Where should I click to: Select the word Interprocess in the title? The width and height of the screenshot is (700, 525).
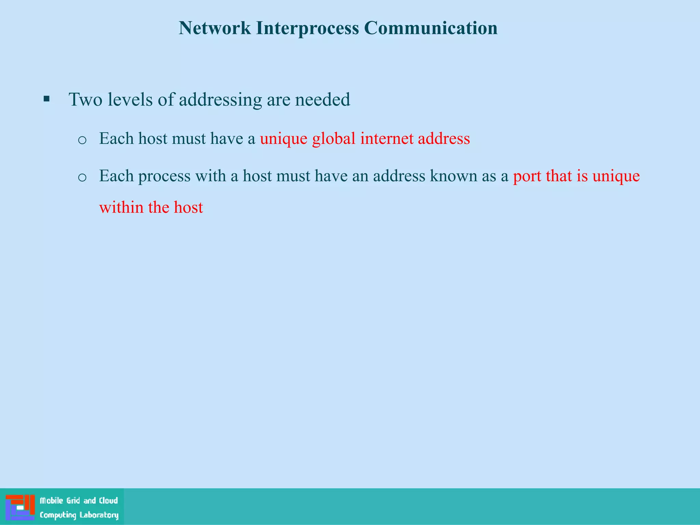point(307,29)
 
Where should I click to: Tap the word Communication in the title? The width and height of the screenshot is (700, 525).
point(431,28)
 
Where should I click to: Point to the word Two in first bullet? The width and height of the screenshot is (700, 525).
point(86,100)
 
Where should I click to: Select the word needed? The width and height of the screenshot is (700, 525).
point(322,100)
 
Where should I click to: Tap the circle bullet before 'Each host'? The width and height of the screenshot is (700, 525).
point(82,140)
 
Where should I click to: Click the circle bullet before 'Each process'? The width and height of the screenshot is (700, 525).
point(82,177)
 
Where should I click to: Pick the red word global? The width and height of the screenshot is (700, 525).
point(334,139)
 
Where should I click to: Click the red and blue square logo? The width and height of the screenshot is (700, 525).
point(20,507)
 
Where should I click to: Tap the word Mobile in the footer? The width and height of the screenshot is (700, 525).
point(52,501)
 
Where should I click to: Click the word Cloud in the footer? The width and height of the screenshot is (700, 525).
point(108,501)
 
